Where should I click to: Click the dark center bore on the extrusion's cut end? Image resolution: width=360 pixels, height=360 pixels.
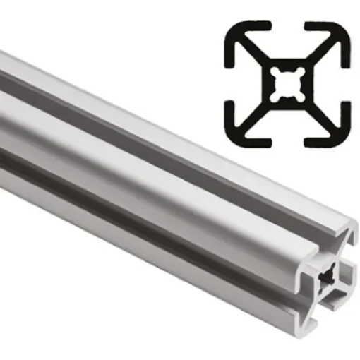click(x=328, y=278)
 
